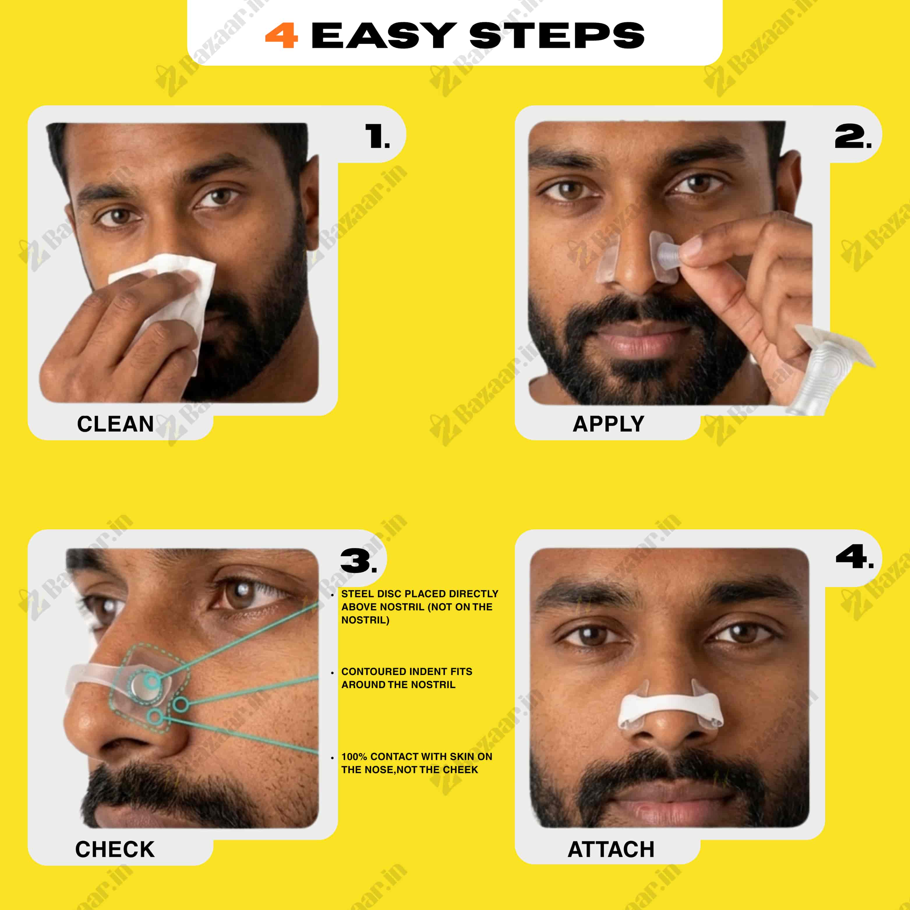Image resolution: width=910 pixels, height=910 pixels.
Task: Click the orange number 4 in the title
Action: coord(281,36)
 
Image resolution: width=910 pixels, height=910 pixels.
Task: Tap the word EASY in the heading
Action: coord(384,36)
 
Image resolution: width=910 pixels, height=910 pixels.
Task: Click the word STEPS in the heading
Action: coord(557,36)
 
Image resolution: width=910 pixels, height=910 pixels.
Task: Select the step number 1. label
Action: coord(377,137)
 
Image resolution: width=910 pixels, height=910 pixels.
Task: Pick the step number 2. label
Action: coord(853,137)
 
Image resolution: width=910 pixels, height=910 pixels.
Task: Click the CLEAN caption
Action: coord(115,424)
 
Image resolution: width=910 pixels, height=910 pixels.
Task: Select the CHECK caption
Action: coord(115,849)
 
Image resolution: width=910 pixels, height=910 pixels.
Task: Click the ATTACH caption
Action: coord(611,849)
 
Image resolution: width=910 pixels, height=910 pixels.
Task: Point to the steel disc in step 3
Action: coord(145,684)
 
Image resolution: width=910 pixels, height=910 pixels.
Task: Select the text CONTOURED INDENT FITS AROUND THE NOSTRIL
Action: coord(407,678)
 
